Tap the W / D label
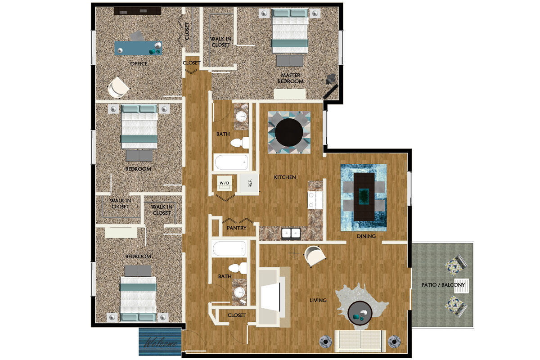[224, 183]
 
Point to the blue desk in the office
[138, 48]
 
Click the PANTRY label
[236, 228]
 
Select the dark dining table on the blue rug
[364, 197]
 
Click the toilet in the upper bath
[239, 143]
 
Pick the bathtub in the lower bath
[229, 248]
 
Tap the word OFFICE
[139, 64]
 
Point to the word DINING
[366, 236]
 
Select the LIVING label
[318, 300]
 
